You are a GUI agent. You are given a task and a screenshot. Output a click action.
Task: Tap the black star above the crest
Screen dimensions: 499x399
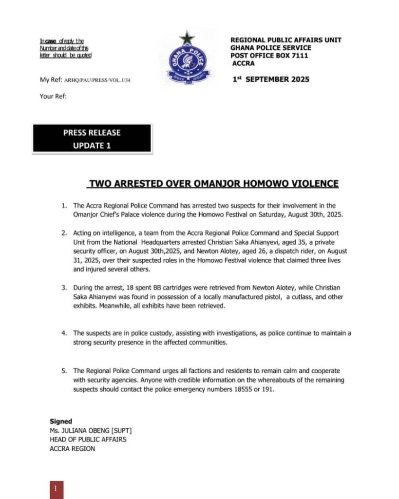(187, 38)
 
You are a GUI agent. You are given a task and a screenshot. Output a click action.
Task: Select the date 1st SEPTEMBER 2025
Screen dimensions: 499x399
(271, 79)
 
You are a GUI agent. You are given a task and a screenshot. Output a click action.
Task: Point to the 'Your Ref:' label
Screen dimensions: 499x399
(53, 96)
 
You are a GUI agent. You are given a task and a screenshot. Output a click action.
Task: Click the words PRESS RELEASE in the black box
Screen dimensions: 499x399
(92, 133)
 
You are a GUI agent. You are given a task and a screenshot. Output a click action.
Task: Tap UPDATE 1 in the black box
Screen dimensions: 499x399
(92, 145)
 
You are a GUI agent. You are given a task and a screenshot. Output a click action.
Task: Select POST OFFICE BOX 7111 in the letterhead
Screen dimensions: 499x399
(269, 56)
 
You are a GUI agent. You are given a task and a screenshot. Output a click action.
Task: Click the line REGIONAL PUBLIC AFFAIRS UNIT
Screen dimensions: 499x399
(286, 40)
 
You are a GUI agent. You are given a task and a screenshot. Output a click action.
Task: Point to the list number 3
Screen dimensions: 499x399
(64, 288)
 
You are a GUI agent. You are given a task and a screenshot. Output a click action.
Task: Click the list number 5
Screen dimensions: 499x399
(64, 371)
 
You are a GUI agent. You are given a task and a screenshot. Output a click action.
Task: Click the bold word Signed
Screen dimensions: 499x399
(61, 421)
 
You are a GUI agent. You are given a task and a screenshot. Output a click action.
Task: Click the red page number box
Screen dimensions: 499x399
(56, 489)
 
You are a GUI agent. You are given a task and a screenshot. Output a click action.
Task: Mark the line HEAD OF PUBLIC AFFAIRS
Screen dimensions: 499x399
(88, 440)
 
